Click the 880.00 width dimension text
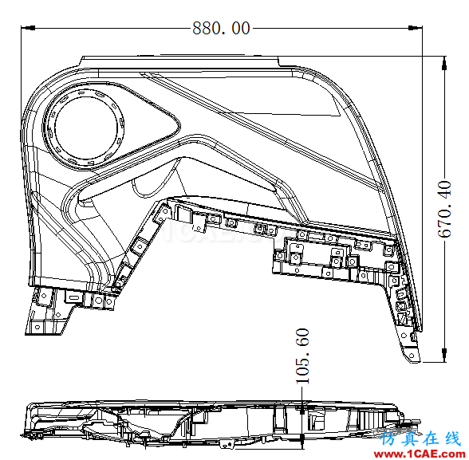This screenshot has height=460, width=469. [221, 29]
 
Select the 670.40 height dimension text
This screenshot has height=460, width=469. [444, 209]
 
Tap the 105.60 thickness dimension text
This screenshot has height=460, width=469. [302, 356]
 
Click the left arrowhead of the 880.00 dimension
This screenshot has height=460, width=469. [28, 28]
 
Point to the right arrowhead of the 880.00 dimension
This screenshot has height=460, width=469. [415, 28]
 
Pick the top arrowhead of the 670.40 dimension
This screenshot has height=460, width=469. [444, 63]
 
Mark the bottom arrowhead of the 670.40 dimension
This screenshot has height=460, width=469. [444, 355]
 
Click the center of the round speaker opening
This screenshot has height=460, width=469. [86, 128]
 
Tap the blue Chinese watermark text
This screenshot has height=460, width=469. [420, 439]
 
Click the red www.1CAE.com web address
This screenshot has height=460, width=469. [421, 454]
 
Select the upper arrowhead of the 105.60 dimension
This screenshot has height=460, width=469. [302, 408]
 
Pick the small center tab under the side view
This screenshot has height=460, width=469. [227, 444]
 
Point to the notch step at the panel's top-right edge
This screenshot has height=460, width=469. [279, 62]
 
